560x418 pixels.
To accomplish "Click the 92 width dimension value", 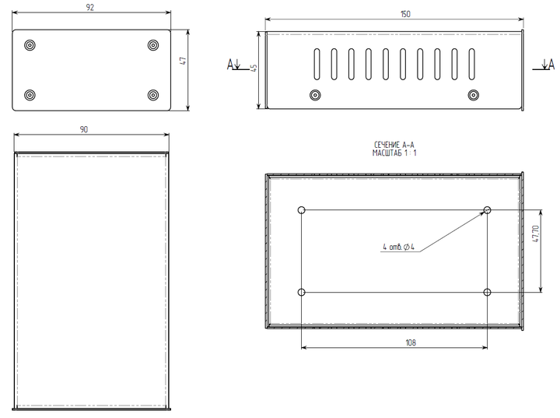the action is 90,8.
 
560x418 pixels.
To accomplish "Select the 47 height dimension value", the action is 184,61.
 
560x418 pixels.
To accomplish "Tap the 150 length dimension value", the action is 405,14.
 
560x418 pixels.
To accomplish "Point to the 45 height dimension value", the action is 254,68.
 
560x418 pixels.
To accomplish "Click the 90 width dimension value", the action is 84,129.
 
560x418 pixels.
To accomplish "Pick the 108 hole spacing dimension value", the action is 411,342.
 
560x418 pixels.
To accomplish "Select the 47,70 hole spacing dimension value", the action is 536,234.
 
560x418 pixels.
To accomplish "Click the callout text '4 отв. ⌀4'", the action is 398,247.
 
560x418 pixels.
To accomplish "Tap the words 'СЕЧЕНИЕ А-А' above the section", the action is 394,145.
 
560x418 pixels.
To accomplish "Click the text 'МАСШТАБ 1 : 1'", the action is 394,153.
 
